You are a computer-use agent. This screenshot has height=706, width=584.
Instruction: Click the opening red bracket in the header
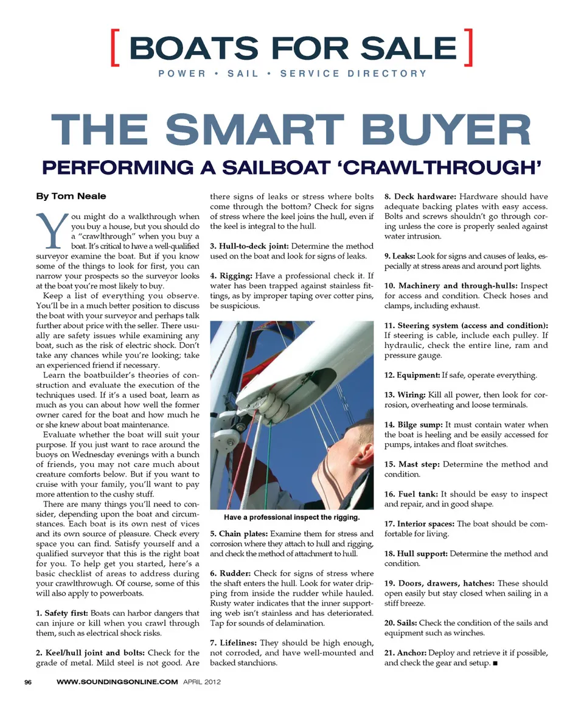[x=115, y=47]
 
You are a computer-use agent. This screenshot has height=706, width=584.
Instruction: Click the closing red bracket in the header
[x=468, y=47]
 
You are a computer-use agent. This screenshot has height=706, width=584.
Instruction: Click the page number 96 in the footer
[x=28, y=682]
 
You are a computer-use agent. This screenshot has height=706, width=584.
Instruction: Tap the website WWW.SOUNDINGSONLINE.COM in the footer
[x=117, y=682]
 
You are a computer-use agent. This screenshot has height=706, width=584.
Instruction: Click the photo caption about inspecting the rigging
[x=291, y=517]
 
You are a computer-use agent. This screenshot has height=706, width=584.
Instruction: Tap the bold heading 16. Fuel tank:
[x=411, y=494]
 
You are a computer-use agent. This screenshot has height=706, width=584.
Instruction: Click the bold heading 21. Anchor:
[x=405, y=653]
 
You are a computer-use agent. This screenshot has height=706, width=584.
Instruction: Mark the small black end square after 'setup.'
[x=496, y=663]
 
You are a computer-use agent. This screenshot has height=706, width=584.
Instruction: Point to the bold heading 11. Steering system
[x=466, y=326]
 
